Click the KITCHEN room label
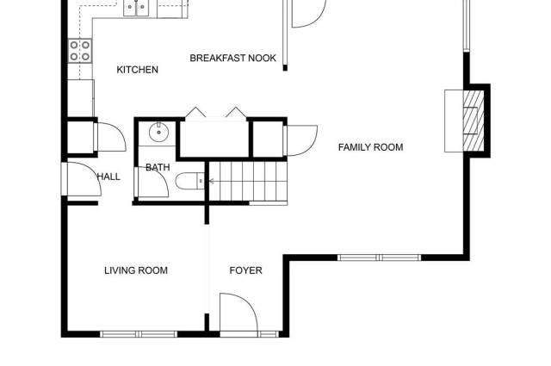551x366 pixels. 138,70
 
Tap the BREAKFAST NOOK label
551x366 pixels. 233,58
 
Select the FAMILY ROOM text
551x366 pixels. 370,147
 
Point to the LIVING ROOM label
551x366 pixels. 136,270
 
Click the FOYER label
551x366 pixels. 245,270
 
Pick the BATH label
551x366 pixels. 158,167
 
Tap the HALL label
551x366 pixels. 108,177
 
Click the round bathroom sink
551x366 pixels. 158,133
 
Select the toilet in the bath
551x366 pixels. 189,181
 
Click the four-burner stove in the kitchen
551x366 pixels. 80,51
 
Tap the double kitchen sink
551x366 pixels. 136,8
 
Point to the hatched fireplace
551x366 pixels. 473,121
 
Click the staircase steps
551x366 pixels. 249,181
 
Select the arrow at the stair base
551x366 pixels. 212,181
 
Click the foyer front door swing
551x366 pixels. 239,313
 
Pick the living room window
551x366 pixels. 139,334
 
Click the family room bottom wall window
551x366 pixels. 379,257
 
